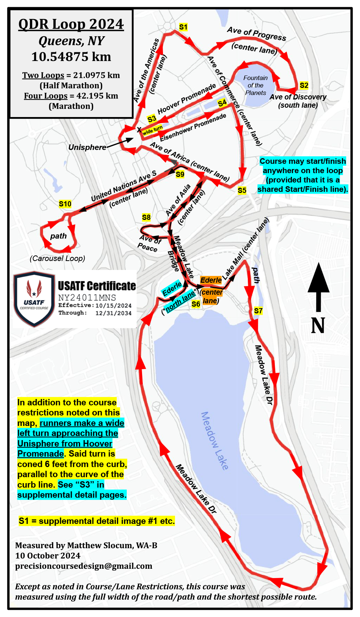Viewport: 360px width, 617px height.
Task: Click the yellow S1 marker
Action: pyautogui.click(x=183, y=27)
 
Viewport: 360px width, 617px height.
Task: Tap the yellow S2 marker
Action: pyautogui.click(x=304, y=85)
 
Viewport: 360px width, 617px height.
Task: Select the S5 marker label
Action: pyautogui.click(x=242, y=190)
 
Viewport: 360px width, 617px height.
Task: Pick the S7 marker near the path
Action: pyautogui.click(x=258, y=310)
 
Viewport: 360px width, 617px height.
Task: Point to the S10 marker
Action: pyautogui.click(x=65, y=204)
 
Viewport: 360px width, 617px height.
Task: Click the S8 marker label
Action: pyautogui.click(x=146, y=217)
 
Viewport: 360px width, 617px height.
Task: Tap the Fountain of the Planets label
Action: pyautogui.click(x=255, y=85)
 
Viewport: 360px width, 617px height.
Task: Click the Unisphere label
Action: pyautogui.click(x=87, y=147)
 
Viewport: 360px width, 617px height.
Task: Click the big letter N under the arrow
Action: pyautogui.click(x=318, y=326)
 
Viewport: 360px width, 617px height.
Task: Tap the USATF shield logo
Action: pyautogui.click(x=34, y=299)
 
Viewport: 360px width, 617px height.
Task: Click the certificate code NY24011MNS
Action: pyautogui.click(x=87, y=298)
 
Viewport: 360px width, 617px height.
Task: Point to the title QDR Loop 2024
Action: pyautogui.click(x=71, y=24)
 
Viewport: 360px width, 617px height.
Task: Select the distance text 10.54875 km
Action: pyautogui.click(x=71, y=57)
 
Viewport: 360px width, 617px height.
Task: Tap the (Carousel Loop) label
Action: pyautogui.click(x=58, y=258)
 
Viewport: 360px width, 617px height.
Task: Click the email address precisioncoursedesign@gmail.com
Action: pyautogui.click(x=84, y=566)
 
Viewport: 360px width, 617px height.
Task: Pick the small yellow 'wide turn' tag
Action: pyautogui.click(x=153, y=130)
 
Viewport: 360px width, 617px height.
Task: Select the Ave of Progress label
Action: pyautogui.click(x=256, y=34)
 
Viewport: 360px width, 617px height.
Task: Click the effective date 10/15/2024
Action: pyautogui.click(x=113, y=306)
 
